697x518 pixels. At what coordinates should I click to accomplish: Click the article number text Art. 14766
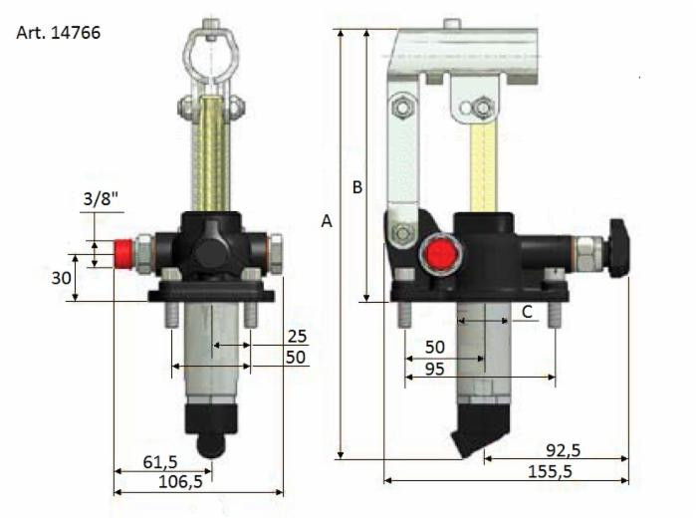point(59,32)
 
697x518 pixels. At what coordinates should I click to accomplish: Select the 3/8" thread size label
point(100,199)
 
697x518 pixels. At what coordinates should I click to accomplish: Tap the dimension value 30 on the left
point(61,279)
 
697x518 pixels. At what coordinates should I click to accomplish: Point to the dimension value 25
point(296,336)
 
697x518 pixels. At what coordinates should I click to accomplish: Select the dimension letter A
point(326,222)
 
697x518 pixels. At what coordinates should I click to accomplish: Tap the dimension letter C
point(529,313)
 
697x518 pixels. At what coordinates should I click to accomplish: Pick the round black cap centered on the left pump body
point(213,251)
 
